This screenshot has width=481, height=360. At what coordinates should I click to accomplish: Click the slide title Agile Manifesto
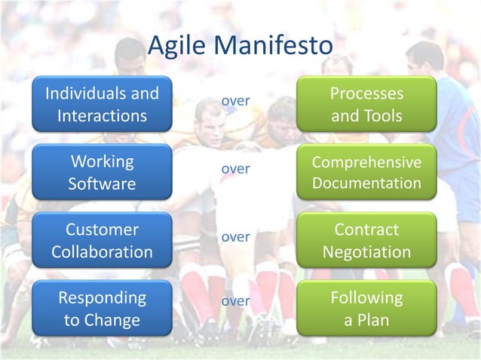pos(240,45)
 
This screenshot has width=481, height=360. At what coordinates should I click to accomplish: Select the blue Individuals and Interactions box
pos(102,105)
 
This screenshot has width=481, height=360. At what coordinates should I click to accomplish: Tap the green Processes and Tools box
pos(366,105)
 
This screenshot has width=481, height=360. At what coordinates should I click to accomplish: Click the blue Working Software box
pos(102,172)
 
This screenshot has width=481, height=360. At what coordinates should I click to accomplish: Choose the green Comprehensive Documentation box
pos(366,172)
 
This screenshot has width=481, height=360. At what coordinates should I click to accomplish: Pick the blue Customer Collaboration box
pos(102,240)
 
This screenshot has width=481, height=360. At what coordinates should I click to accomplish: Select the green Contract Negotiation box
pos(366,240)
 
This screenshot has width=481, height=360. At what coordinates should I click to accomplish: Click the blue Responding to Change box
pos(102,308)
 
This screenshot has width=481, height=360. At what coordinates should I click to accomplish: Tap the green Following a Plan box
pos(366,308)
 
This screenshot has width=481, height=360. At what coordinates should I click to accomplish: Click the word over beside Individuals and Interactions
pos(235,100)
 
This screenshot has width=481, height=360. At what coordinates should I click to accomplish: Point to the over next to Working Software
pos(235,169)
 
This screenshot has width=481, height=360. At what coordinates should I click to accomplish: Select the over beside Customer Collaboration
pos(235,236)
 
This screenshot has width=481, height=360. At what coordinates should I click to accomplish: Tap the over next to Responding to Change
pos(235,301)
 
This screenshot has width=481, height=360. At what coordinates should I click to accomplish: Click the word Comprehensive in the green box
pos(366,163)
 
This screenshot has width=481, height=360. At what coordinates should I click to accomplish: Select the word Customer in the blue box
pos(102,230)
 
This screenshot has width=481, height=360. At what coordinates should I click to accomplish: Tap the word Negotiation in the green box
pos(366,252)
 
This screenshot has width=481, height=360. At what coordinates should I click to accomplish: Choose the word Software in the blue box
pos(102,184)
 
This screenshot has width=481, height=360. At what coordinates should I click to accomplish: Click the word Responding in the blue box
pos(102,298)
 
